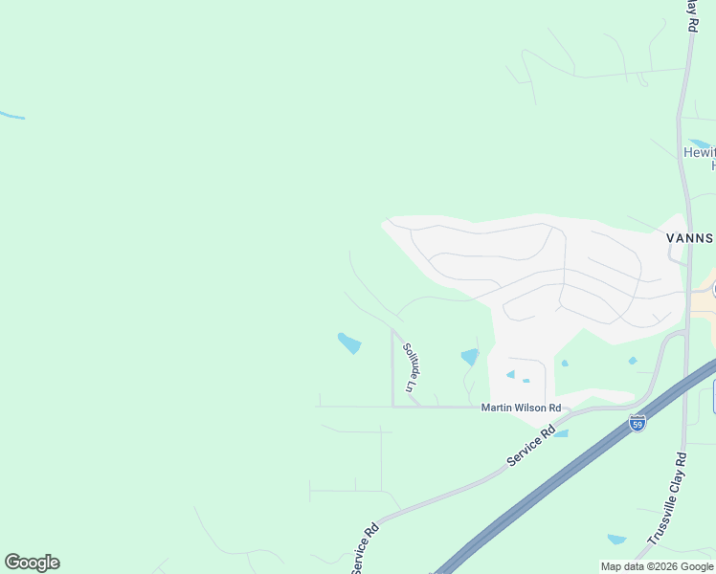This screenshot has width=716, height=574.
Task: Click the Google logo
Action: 32,563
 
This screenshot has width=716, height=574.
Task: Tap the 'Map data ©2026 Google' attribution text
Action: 658,566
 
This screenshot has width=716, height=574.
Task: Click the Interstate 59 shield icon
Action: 638,423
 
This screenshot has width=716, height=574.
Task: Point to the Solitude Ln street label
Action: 411,367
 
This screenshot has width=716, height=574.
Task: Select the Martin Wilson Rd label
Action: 521,408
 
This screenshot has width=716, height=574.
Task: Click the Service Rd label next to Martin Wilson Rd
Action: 531,447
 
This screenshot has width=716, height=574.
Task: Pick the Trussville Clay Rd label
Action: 667,499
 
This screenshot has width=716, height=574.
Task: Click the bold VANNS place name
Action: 690,236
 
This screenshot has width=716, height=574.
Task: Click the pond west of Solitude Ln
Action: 349,342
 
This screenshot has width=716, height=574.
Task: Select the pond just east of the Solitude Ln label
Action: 469,358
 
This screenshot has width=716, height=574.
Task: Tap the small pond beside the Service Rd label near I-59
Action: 561,433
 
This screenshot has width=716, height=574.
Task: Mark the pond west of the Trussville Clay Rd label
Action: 616,540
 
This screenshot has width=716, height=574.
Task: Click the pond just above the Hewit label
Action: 698,144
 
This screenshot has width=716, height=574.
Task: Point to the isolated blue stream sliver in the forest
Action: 11,116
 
